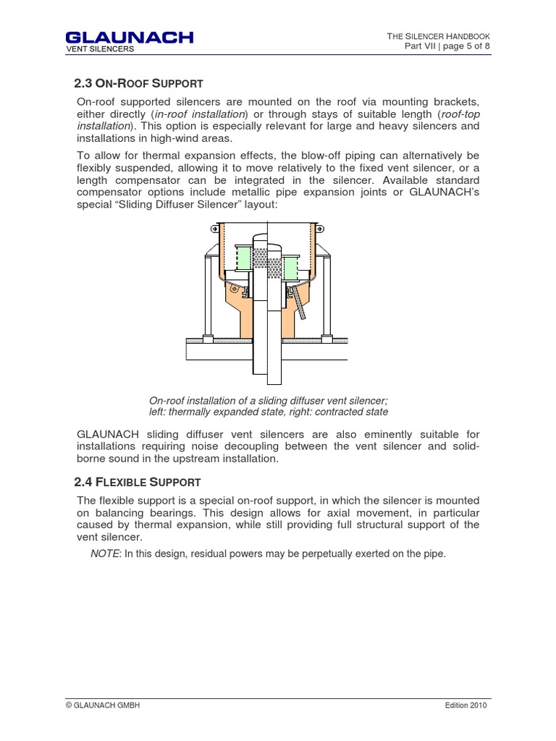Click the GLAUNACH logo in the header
click(x=129, y=37)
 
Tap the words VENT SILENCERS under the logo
click(x=100, y=49)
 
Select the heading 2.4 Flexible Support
click(x=138, y=481)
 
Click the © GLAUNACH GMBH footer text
click(x=103, y=706)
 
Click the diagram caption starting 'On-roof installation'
click(x=269, y=406)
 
